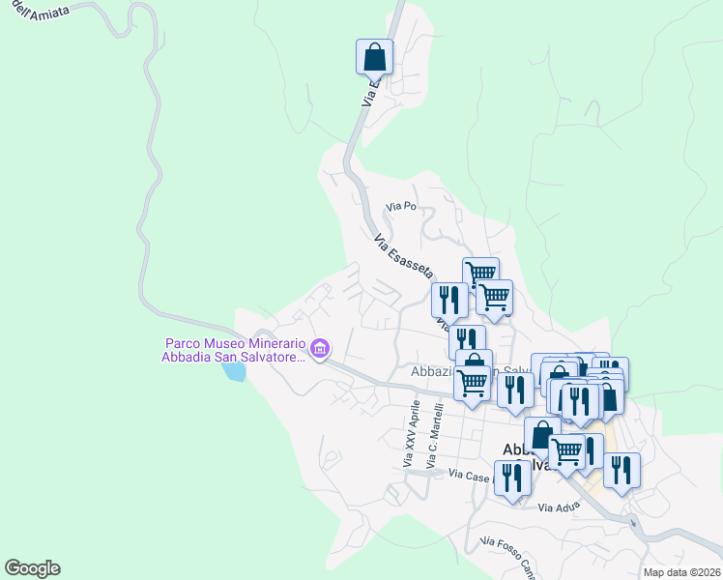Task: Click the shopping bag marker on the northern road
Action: (x=374, y=57)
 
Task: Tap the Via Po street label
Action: (x=400, y=206)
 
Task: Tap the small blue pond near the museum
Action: (x=233, y=371)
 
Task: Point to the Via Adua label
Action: (x=558, y=507)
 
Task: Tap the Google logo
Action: (x=32, y=568)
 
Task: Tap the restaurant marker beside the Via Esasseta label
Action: (x=449, y=299)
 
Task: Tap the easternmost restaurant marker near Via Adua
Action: (x=622, y=470)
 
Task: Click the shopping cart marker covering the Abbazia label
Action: (x=473, y=382)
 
